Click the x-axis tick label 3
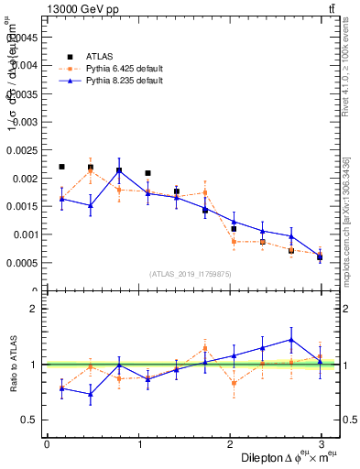coord(321,443)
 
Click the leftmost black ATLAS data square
coord(61,167)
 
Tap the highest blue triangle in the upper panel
coord(119,169)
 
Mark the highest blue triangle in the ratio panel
coord(291,340)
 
